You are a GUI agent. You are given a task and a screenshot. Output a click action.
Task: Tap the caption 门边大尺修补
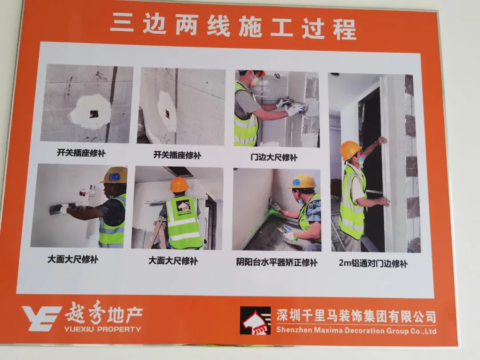click(x=273, y=157)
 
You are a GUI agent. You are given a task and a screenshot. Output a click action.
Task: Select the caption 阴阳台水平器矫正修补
click(x=277, y=262)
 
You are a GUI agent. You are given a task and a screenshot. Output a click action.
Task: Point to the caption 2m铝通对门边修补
click(x=373, y=263)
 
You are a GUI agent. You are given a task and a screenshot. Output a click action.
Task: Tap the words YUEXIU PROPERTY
click(x=103, y=329)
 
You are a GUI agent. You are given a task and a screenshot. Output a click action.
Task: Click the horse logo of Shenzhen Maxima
click(x=255, y=320)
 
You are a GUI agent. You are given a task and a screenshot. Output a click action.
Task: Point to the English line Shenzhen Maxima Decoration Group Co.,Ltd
click(x=356, y=331)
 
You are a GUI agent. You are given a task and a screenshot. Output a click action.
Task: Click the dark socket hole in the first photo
click(x=94, y=115)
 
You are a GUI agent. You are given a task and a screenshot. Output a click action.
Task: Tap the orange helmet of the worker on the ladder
click(x=179, y=185)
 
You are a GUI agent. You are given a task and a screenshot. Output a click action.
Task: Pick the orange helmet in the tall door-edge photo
click(x=351, y=150)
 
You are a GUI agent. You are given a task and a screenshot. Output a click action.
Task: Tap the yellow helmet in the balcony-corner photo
click(x=303, y=181)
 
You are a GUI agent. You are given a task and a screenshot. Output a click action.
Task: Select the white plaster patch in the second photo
click(x=167, y=111)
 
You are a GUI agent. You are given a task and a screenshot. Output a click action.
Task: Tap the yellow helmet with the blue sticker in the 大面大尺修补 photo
click(x=115, y=175)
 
